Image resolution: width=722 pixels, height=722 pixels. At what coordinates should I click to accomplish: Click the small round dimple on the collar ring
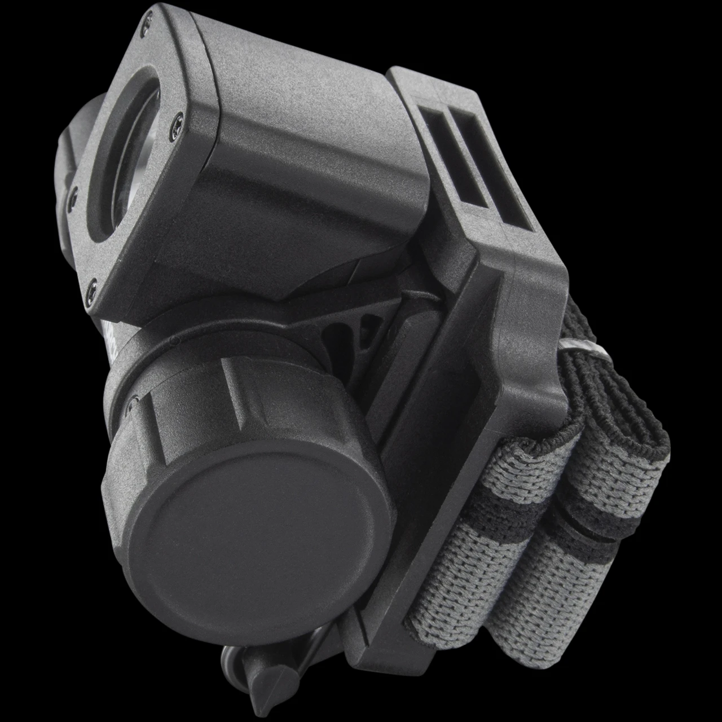click(x=177, y=341)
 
